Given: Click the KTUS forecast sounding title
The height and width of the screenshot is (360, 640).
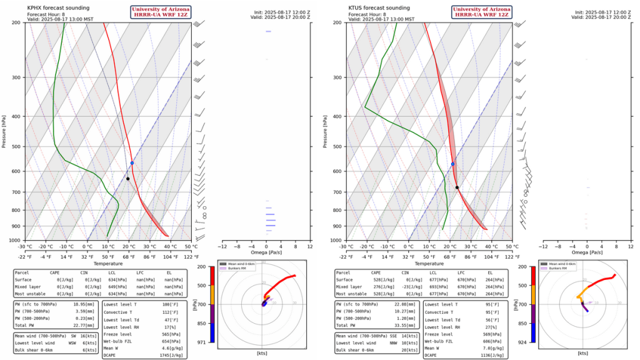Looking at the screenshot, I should coord(379,7).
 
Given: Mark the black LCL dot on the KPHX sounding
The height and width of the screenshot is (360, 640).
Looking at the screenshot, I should coord(127,179).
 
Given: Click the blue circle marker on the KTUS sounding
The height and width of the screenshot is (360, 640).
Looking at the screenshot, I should coord(452,164).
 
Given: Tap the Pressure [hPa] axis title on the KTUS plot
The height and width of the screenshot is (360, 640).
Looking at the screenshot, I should coord(326,131).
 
